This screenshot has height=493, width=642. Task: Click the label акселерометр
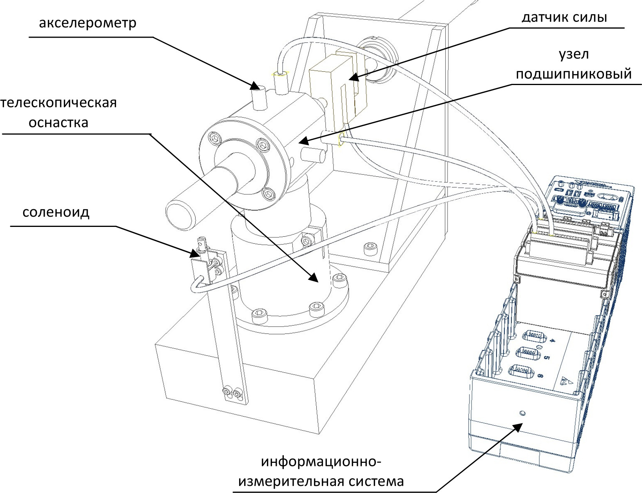(x=88, y=23)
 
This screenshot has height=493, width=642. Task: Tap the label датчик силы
(x=564, y=17)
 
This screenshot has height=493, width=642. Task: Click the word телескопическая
(x=59, y=103)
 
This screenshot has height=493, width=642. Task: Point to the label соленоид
(x=56, y=212)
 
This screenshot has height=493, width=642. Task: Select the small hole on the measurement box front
(x=521, y=413)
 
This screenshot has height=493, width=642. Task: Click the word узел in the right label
(x=573, y=54)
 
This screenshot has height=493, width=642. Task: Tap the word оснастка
(x=59, y=123)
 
